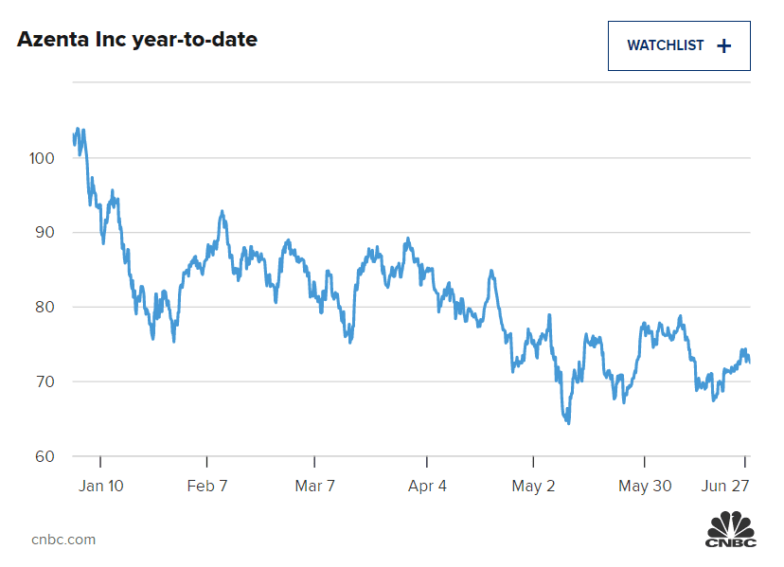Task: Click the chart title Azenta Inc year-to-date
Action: [137, 41]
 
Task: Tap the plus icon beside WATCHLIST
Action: [724, 45]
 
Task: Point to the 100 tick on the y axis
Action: [43, 158]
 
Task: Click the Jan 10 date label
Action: [100, 486]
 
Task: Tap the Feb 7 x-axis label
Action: [207, 486]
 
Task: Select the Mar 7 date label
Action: [315, 486]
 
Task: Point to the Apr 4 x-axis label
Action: [427, 486]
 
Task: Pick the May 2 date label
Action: [533, 486]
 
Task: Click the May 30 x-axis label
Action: [644, 486]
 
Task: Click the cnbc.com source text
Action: [63, 540]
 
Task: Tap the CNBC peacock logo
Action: [731, 529]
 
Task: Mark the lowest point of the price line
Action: [568, 422]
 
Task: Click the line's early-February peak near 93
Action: [222, 212]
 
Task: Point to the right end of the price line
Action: [750, 361]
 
